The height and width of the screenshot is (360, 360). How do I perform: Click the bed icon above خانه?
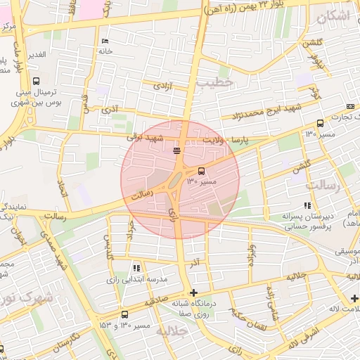point(105,41)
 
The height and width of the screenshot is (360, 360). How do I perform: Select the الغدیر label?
point(36,54)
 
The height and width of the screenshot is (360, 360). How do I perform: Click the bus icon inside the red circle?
point(202,170)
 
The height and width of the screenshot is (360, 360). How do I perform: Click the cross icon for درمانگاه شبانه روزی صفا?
point(194,292)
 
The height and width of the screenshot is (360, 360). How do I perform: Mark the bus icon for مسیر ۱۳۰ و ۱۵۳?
point(124,314)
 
